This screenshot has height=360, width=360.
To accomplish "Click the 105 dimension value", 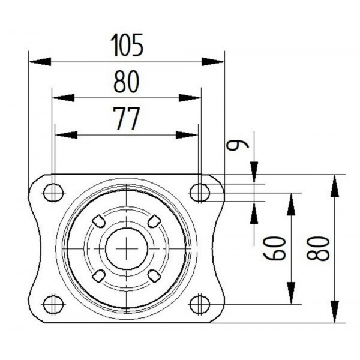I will coord(127,45).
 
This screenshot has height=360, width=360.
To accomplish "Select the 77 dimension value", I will coord(127,119).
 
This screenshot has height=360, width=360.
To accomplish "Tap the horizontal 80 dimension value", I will coord(127,82).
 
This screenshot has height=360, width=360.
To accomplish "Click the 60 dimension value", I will coord(275,248).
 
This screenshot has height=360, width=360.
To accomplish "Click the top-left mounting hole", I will coord(53,193).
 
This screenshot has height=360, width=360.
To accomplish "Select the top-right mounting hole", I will coord(199,193).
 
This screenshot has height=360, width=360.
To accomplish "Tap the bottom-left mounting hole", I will coord(53,304).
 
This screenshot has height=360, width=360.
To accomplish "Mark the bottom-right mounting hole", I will coord(199,304).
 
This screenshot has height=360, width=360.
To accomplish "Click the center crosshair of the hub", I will coord(127,247).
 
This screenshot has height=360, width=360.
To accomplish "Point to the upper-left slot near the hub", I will coord(98,221).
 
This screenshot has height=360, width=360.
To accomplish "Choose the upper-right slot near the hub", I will coord(154,220).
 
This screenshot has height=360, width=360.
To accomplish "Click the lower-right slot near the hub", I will coord(154,275).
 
